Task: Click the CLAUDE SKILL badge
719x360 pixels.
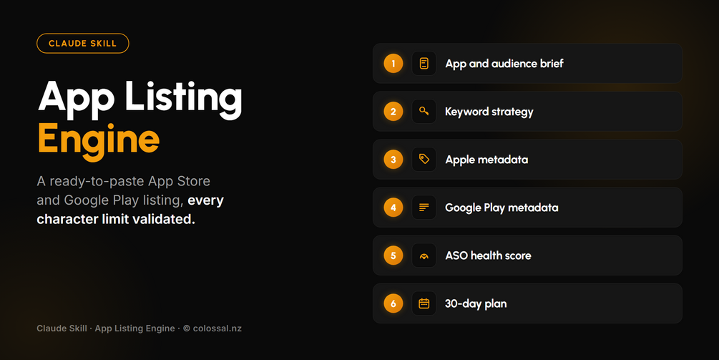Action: pos(82,44)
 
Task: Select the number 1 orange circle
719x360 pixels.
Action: pos(393,63)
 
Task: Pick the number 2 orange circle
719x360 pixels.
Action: pos(393,112)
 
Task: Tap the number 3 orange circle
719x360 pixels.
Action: pos(393,160)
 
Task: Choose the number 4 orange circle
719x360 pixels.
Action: pos(393,208)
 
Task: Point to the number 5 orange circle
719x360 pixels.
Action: pos(393,256)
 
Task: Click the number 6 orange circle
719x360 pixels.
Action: pos(393,303)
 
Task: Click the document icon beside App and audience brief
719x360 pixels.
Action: pos(424,63)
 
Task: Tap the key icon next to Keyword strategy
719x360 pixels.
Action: pos(424,112)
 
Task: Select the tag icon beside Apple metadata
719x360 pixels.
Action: pos(424,160)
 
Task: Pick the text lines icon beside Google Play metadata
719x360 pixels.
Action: pos(424,208)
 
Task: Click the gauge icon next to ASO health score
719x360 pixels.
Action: pos(424,256)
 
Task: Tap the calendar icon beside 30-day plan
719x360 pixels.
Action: pos(424,303)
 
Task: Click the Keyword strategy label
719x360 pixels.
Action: pos(489,112)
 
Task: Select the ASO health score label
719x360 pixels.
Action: pos(489,256)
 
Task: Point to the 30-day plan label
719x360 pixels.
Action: pos(476,303)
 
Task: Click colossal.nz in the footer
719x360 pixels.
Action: pos(217,329)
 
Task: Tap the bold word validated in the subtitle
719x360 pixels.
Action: pos(164,219)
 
